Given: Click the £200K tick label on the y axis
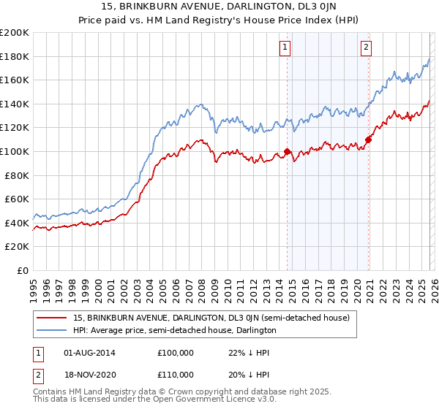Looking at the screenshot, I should [15, 33].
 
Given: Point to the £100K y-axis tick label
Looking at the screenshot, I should [15, 151].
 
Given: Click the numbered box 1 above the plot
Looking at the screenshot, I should [285, 48].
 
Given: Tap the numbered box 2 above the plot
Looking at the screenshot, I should [366, 48].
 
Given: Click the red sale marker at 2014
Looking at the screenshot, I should [287, 152].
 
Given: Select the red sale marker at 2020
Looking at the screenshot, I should [368, 139].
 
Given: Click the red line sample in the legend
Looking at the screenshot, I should [53, 318].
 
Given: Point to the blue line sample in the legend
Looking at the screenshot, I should [53, 330].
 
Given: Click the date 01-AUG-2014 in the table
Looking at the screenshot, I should [89, 353].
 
